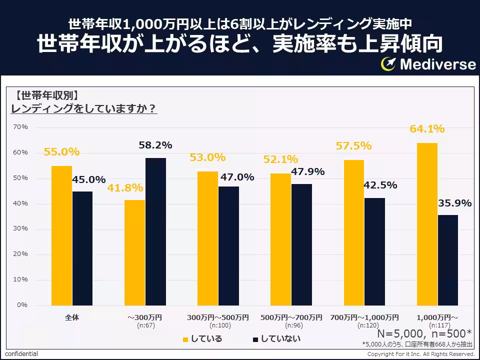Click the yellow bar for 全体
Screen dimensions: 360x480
tap(61, 235)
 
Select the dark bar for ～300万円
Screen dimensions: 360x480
tap(155, 231)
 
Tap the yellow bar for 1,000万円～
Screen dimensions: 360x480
tap(427, 224)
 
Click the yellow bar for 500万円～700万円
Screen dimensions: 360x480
tap(280, 239)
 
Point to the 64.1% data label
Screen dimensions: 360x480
tap(427, 129)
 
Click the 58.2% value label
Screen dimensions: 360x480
tap(155, 145)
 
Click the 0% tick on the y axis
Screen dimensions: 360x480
tap(22, 305)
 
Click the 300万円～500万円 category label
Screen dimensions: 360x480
tap(217, 317)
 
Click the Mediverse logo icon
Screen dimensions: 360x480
tap(389, 64)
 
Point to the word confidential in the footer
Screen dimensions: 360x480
tap(21, 354)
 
